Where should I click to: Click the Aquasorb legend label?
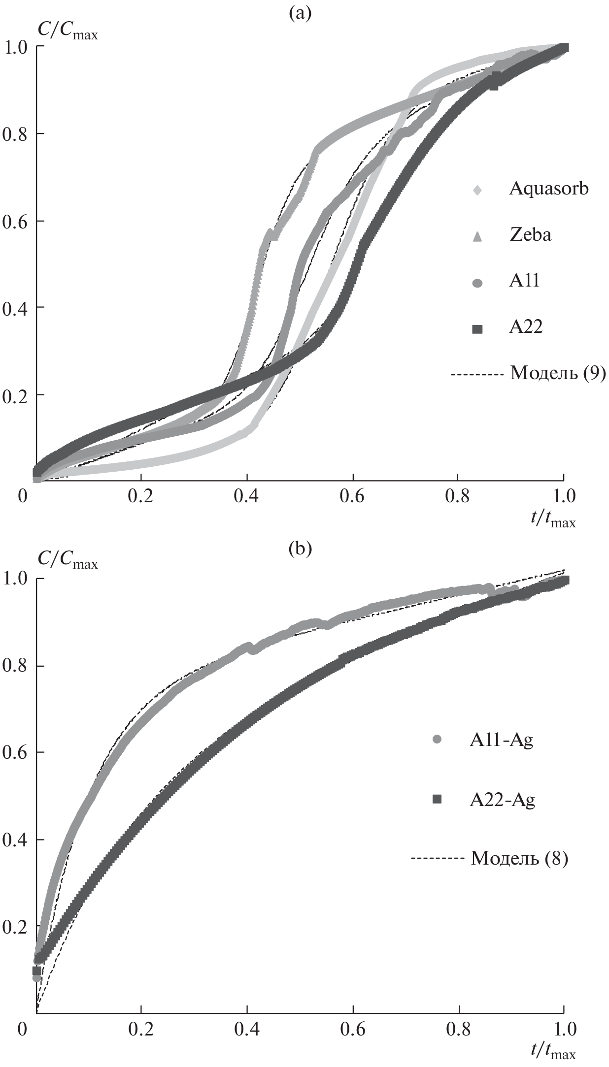[548, 189]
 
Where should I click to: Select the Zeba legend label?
[530, 234]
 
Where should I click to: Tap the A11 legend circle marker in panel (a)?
[477, 283]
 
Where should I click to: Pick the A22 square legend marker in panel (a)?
[477, 329]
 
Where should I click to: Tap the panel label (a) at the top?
[300, 14]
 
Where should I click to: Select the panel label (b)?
[300, 549]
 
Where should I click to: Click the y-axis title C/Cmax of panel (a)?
[68, 31]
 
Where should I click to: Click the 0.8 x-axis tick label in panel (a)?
[458, 496]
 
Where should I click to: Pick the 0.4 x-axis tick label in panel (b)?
[246, 1030]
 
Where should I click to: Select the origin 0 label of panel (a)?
[22, 496]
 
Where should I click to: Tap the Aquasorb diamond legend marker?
[477, 189]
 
